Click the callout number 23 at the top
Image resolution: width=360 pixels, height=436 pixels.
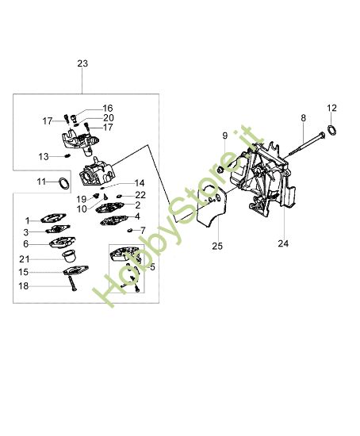(x=84, y=63)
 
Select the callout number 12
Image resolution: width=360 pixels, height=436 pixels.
(x=332, y=107)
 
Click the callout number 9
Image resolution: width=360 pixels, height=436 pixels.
(x=224, y=136)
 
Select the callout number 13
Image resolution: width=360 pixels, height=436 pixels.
(x=44, y=156)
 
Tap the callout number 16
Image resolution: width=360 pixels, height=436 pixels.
(x=107, y=108)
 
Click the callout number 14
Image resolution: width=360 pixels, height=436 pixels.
(x=140, y=182)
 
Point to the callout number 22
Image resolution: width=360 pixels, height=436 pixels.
(x=140, y=194)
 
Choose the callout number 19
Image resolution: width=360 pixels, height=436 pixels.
(x=81, y=198)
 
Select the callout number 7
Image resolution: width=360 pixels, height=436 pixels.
(x=143, y=230)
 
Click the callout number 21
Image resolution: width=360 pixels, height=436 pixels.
(x=25, y=258)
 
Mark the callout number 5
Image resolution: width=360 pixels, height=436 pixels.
(x=153, y=267)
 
